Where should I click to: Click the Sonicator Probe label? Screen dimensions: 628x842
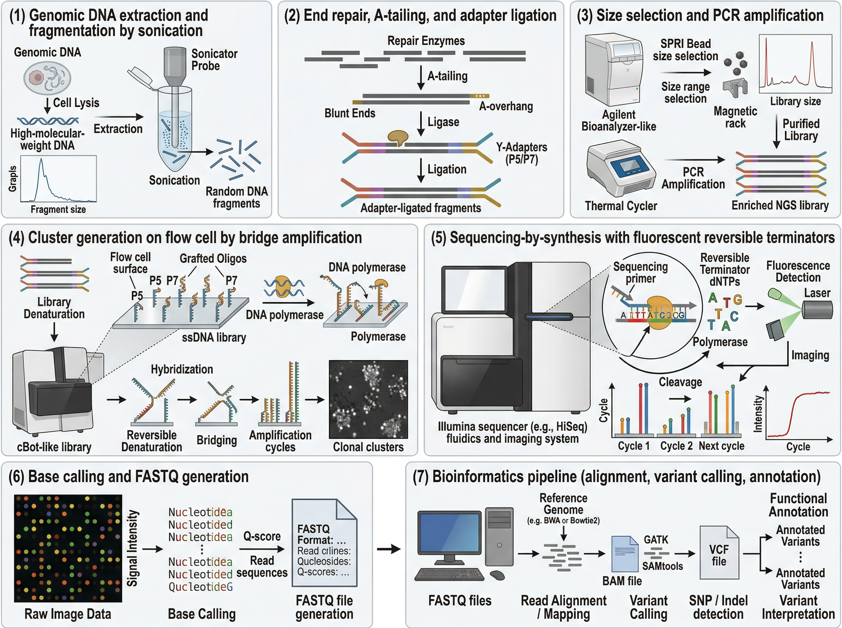[x=214, y=60]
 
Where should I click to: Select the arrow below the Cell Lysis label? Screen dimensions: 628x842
[x=47, y=106]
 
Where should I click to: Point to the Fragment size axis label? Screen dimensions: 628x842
[x=58, y=210]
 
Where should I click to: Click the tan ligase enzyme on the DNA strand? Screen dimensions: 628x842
[x=397, y=138]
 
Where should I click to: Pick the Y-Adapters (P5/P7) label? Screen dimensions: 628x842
[x=521, y=153]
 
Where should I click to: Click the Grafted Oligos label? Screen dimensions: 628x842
[x=213, y=259]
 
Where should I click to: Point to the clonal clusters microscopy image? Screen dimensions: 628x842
[x=368, y=399]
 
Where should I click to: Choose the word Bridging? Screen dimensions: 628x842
[x=216, y=440]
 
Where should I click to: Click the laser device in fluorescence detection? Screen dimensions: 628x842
[x=817, y=309]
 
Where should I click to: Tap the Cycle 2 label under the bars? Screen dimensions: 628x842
[x=676, y=445]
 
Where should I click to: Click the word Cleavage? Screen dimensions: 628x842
[x=680, y=382]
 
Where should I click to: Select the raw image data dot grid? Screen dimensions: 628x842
[x=68, y=548]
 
